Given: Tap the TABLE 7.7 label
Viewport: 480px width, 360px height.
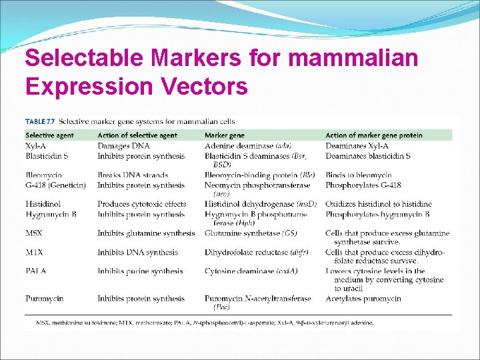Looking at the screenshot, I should (x=40, y=121).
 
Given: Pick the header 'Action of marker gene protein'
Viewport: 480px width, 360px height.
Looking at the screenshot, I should (x=373, y=135).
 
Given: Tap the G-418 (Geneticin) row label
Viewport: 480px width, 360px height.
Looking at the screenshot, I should (x=55, y=185).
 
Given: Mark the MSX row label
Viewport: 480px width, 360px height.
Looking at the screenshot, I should (x=34, y=233).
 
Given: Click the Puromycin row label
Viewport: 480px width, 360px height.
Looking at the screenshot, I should (x=45, y=299).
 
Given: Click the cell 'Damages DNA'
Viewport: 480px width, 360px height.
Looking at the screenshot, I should (x=123, y=145).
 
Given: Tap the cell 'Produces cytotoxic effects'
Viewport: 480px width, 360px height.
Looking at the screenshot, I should (x=142, y=204).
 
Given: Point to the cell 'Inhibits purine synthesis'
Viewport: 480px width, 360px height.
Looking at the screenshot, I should (x=140, y=271).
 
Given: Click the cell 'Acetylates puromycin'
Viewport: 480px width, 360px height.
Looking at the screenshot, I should (x=363, y=299).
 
